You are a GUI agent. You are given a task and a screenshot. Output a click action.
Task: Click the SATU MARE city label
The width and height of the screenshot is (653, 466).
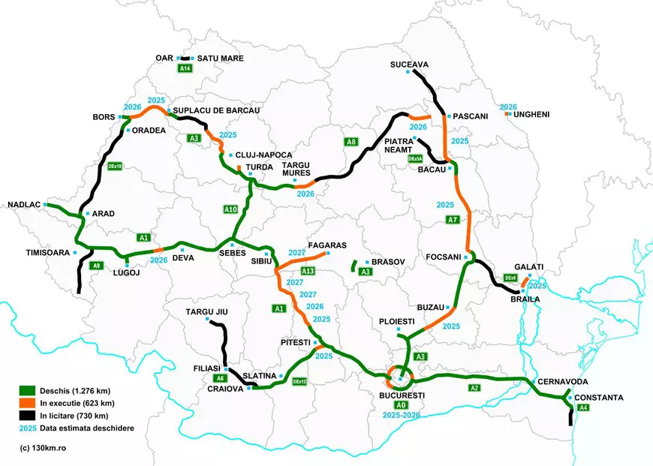(221, 58)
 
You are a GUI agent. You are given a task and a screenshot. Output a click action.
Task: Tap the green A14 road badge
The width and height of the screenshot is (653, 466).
(185, 68)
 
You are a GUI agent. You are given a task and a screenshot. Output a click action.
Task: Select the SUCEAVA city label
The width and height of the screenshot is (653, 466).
(409, 65)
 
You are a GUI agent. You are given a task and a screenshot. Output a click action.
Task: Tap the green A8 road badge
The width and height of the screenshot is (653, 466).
(350, 142)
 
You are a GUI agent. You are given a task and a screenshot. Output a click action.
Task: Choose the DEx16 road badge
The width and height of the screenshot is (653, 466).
(115, 166)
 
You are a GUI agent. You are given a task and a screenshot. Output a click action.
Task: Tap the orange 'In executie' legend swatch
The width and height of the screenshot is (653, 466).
(28, 403)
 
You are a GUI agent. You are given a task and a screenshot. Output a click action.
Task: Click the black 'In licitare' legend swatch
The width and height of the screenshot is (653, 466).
(28, 416)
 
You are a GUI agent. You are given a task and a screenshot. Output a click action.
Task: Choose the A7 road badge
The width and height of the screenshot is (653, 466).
(452, 220)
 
